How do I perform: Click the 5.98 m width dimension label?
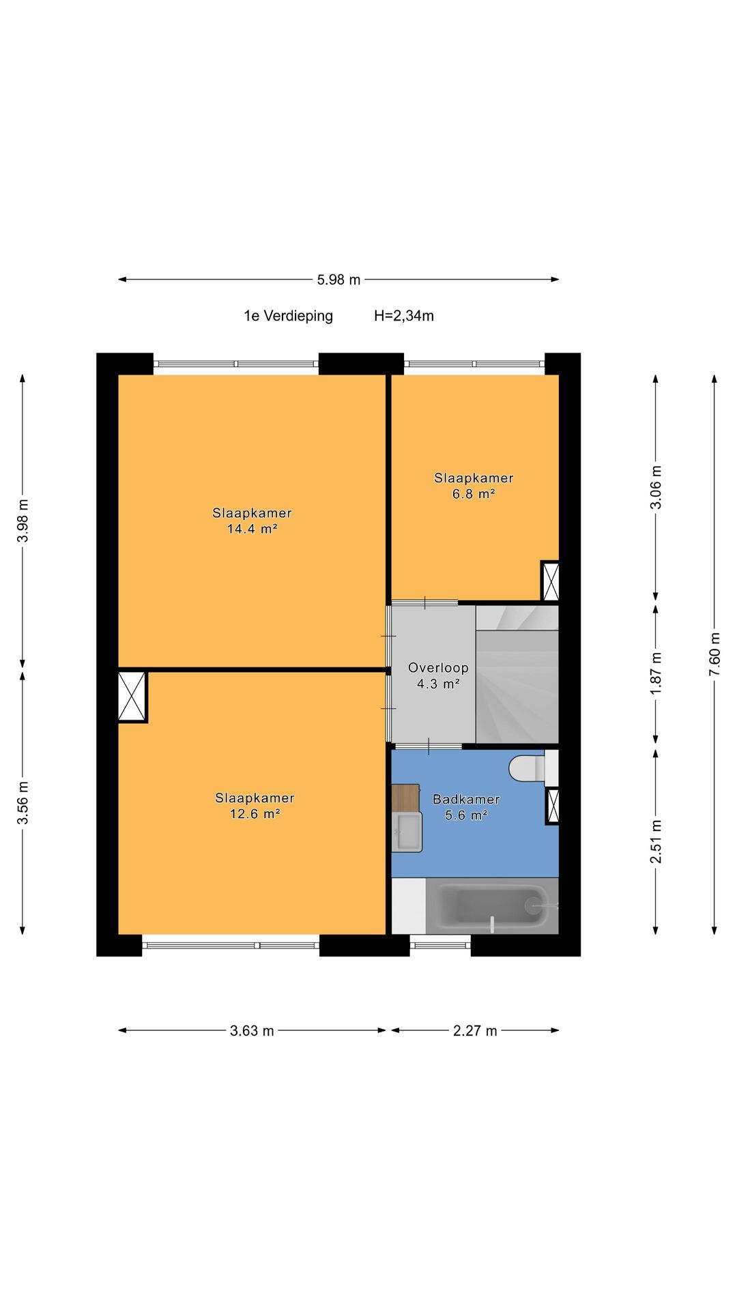[338, 280]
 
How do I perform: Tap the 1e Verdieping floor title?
[289, 316]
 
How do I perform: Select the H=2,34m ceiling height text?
[404, 316]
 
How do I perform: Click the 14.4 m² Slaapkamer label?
[252, 521]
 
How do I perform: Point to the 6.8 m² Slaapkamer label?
[474, 486]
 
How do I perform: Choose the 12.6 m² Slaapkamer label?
[255, 806]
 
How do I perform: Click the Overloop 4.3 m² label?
[438, 675]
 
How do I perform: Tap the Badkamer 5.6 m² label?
[466, 807]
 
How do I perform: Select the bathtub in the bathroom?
[492, 906]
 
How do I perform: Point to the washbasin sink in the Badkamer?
[407, 832]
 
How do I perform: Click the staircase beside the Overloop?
[517, 674]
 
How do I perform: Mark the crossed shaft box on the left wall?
[132, 696]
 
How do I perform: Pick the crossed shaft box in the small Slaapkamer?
[550, 581]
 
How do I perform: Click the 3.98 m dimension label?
[23, 521]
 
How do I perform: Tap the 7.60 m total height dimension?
[714, 654]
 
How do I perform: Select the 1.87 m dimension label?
[656, 673]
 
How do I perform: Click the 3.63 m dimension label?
[252, 1031]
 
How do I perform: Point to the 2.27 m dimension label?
[475, 1031]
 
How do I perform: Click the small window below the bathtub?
[440, 945]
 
